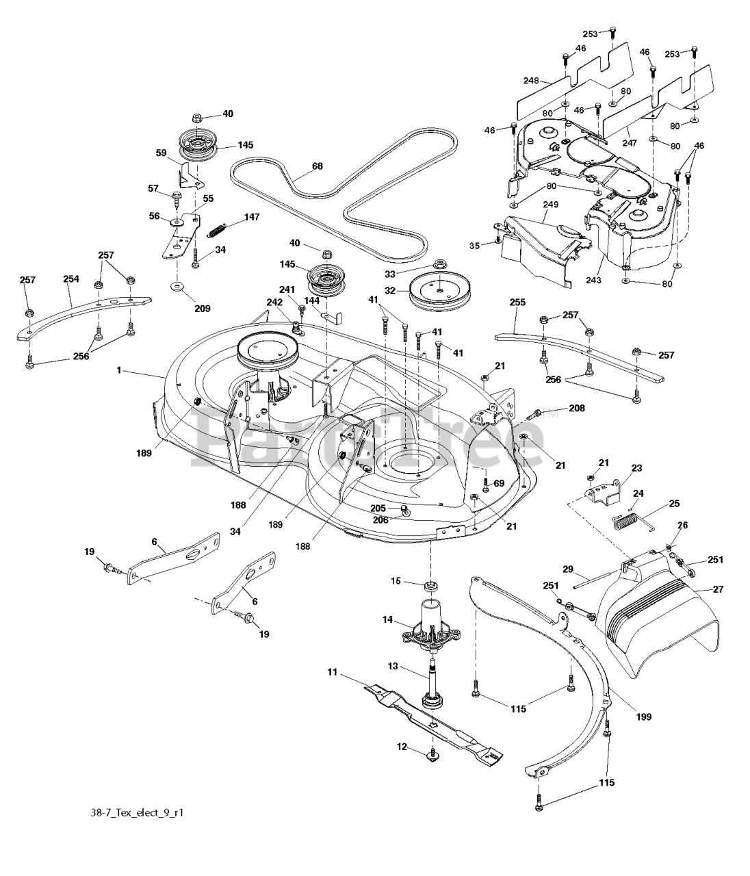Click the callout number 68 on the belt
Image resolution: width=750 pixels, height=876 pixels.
317,166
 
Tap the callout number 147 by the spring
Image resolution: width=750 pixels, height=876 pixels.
252,217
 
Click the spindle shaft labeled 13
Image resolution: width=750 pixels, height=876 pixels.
432,683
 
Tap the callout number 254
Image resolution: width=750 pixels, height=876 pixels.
70,279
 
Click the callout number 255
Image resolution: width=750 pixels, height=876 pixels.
517,302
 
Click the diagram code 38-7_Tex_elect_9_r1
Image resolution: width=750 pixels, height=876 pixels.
137,813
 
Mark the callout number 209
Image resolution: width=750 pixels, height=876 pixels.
202,308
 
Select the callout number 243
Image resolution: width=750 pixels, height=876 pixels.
593,280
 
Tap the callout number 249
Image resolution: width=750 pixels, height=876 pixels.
550,204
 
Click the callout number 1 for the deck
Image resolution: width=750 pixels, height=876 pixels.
119,370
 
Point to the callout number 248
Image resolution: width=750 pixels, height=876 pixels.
531,80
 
